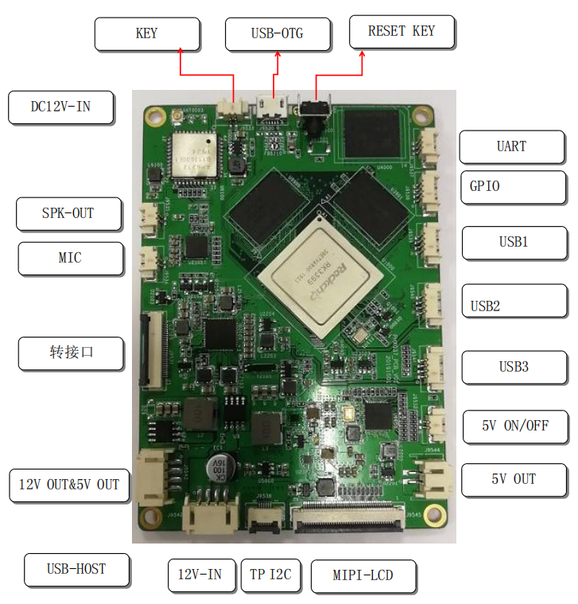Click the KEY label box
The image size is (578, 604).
click(x=146, y=33)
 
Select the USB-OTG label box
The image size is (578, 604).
click(x=277, y=34)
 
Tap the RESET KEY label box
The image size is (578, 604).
click(x=401, y=32)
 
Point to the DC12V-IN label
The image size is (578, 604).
click(x=60, y=107)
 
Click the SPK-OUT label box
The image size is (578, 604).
click(x=68, y=213)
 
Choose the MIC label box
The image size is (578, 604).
click(x=70, y=259)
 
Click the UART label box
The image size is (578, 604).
click(x=511, y=146)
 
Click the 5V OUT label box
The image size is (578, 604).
click(x=514, y=479)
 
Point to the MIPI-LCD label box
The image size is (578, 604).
click(x=363, y=575)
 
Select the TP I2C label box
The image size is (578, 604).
click(x=270, y=574)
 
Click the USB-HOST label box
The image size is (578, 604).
click(x=76, y=569)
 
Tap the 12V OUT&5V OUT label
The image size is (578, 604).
click(x=69, y=484)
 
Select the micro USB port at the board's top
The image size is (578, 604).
click(x=273, y=106)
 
